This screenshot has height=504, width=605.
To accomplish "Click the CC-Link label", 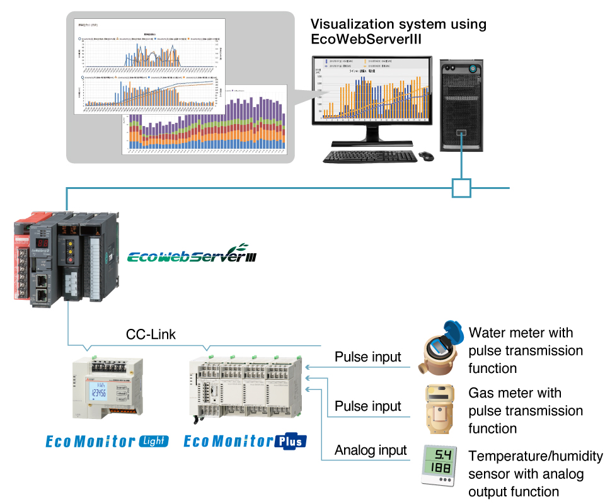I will tap(151, 335).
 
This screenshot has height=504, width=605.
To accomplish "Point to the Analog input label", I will tap(371, 450).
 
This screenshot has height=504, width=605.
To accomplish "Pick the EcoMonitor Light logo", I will tap(107, 441).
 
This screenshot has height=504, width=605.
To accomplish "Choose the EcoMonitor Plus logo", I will tap(245, 441).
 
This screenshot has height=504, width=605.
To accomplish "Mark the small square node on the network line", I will tap(461, 188).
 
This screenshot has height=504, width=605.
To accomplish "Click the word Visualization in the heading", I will tap(355, 25).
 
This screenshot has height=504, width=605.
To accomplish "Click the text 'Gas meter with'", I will tap(514, 393).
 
